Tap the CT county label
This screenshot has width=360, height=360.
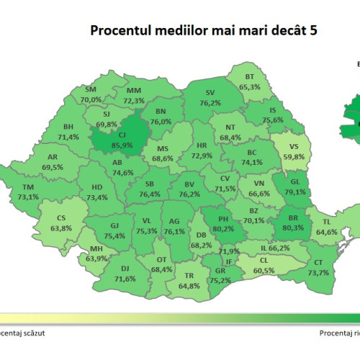(x=318, y=262)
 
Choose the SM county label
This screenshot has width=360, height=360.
(x=91, y=89)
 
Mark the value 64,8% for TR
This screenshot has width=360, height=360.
(x=189, y=285)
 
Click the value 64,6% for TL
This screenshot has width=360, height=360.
(x=327, y=231)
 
